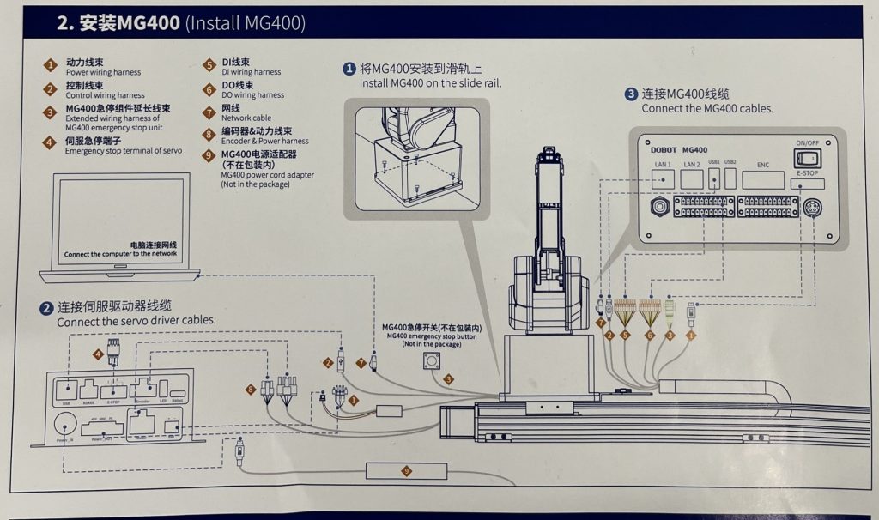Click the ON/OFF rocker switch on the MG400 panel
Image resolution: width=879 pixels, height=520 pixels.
point(808,158)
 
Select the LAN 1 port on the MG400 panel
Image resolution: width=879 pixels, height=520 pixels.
point(663,178)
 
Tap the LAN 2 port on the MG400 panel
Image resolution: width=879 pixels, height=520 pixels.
point(693,178)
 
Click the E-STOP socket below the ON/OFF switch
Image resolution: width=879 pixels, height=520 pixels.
point(807,184)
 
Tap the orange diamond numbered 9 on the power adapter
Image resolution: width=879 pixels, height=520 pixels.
point(407,470)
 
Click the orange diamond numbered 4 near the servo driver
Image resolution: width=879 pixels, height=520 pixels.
point(99,354)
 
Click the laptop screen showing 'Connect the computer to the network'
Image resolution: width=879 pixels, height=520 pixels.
point(120,219)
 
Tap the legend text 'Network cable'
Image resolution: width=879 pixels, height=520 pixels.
point(246,118)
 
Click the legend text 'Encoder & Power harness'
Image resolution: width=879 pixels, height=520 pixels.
point(264,141)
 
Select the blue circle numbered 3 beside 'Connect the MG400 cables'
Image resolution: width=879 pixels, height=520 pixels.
point(631,94)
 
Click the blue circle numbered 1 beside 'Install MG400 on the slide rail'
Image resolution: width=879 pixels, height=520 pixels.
point(349,69)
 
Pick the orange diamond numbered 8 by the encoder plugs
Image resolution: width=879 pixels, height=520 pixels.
point(252,390)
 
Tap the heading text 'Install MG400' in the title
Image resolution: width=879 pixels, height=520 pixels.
point(245,23)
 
